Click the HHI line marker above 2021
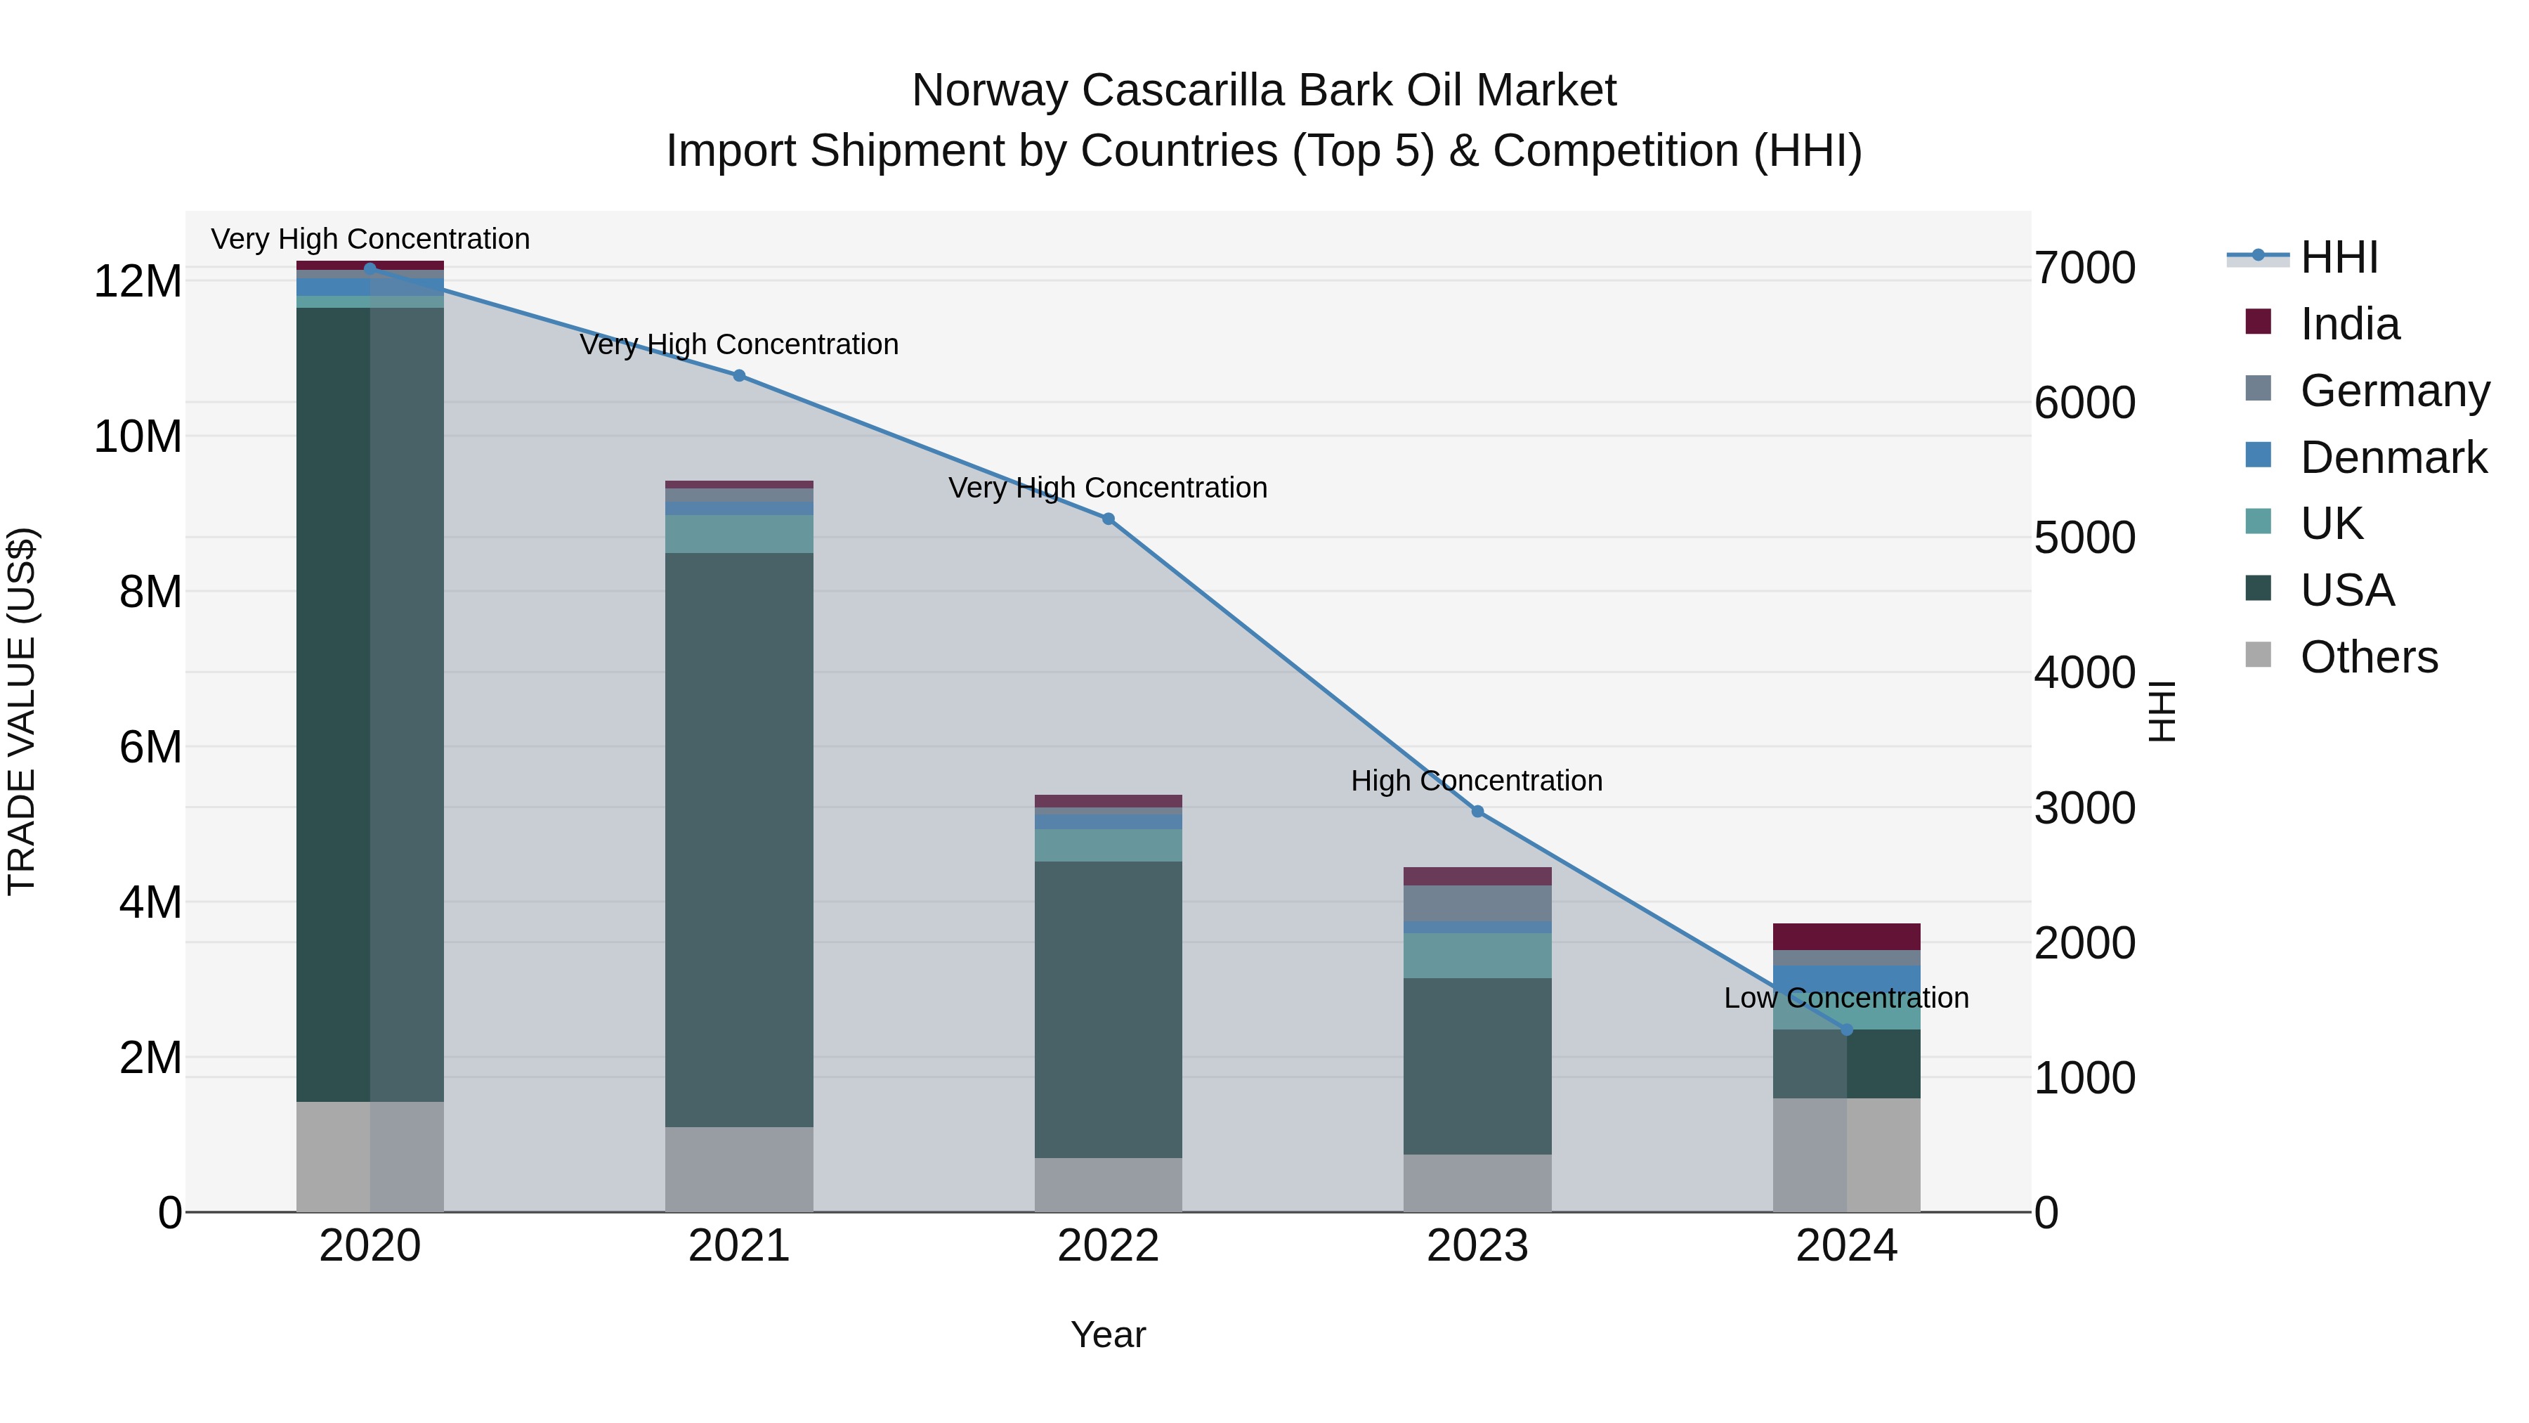point(739,375)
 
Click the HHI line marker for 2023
point(1477,811)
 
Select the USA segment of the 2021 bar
point(739,840)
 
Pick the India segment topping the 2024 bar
point(1847,936)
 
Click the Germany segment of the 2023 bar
point(1477,904)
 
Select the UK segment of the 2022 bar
point(1109,845)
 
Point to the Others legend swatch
point(2258,655)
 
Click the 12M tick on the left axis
point(138,282)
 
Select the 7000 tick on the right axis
point(2084,268)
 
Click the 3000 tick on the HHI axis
point(2084,808)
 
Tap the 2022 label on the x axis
point(1109,1246)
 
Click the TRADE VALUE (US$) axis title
point(22,711)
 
